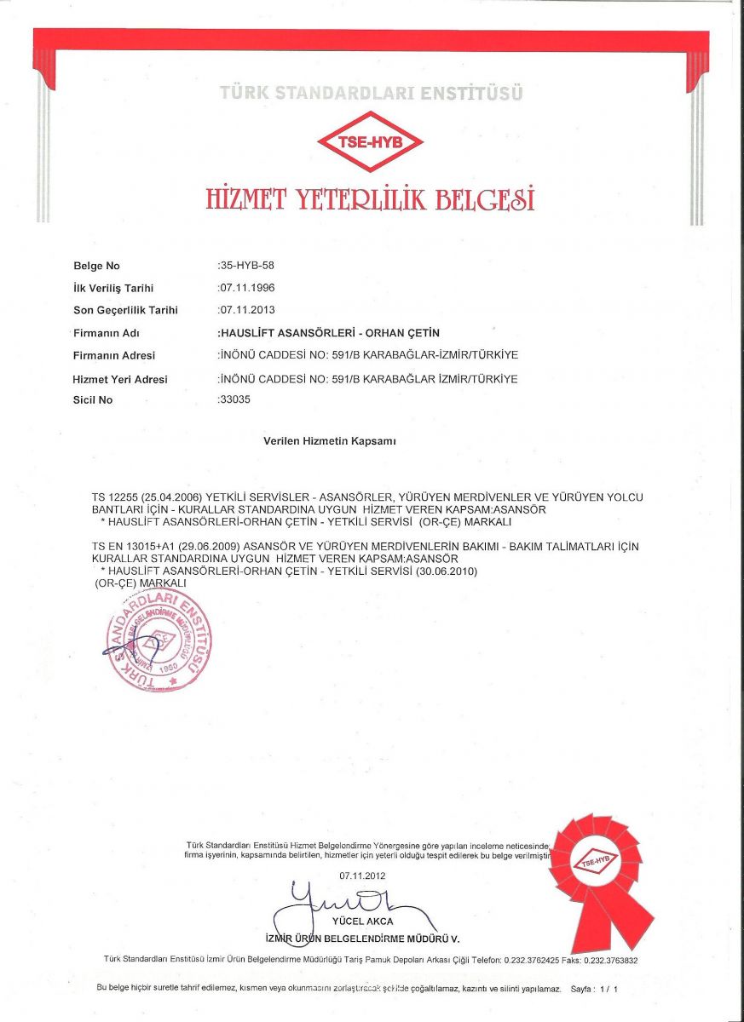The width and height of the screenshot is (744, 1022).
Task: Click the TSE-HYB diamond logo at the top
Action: tap(370, 141)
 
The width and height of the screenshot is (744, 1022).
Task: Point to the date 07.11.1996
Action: tap(247, 289)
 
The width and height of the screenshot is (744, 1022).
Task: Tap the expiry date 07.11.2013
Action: tap(247, 311)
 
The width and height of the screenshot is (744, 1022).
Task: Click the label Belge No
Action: tap(96, 267)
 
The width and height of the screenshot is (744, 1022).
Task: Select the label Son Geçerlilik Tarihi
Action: tap(125, 311)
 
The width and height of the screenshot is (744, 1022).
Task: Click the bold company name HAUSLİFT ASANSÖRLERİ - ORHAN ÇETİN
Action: tap(330, 333)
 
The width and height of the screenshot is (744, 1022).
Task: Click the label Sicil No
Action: tap(93, 399)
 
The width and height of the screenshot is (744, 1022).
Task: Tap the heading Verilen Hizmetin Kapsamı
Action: tap(330, 441)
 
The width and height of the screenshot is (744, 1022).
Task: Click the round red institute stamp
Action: tap(159, 639)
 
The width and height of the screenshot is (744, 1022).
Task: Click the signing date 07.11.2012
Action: tap(362, 876)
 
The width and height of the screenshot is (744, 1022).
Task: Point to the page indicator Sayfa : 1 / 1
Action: tap(593, 990)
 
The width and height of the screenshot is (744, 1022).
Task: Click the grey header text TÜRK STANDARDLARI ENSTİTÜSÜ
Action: tap(371, 92)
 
